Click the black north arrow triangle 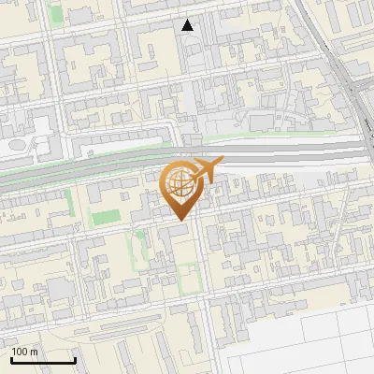[188, 25]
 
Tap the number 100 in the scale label [20, 352]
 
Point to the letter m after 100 [33, 352]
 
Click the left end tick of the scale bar [10, 360]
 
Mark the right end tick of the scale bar [75, 360]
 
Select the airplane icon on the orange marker [206, 170]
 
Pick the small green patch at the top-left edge [56, 14]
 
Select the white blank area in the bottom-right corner [318, 346]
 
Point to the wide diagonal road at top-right [327, 47]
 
